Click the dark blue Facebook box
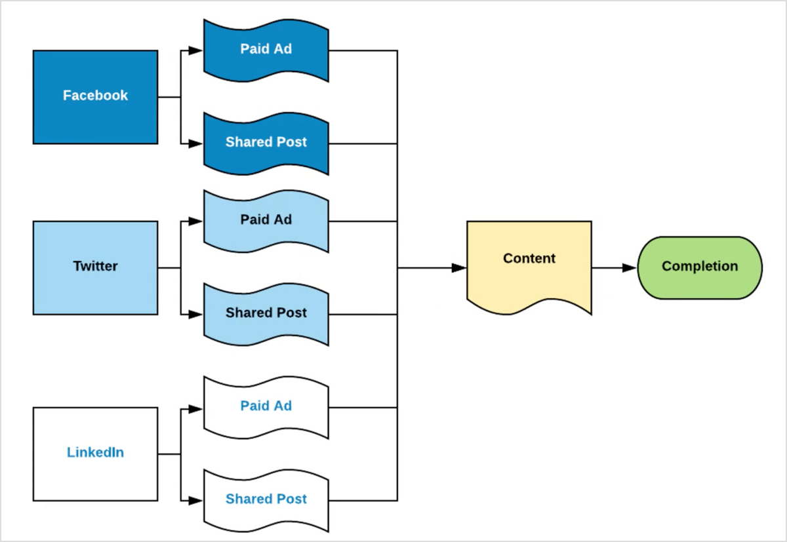pyautogui.click(x=95, y=97)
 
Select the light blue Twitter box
pyautogui.click(x=95, y=267)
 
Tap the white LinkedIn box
pyautogui.click(x=95, y=454)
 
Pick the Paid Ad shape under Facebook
pyautogui.click(x=266, y=50)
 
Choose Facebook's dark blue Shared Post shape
pyautogui.click(x=266, y=143)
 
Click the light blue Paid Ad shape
pyautogui.click(x=266, y=220)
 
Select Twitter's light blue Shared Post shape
pyautogui.click(x=266, y=313)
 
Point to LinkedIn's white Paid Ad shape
pyautogui.click(x=266, y=406)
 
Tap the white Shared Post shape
pyautogui.click(x=266, y=499)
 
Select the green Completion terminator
pyautogui.click(x=700, y=267)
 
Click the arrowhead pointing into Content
pyautogui.click(x=459, y=267)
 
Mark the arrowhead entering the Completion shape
pyautogui.click(x=630, y=267)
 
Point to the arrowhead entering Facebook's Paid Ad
pyautogui.click(x=195, y=50)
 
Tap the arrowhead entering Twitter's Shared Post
pyautogui.click(x=195, y=315)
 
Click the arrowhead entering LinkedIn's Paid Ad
pyautogui.click(x=195, y=408)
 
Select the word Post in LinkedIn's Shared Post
pyautogui.click(x=292, y=499)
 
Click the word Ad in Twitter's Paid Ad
pyautogui.click(x=283, y=220)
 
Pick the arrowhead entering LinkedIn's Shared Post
pyautogui.click(x=195, y=501)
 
